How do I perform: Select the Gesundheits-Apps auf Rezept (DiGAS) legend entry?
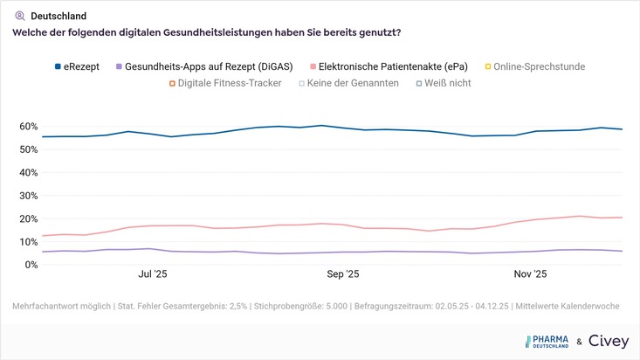[214, 66]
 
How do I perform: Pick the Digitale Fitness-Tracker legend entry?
[230, 83]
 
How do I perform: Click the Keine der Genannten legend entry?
[348, 83]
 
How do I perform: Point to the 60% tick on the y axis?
[28, 127]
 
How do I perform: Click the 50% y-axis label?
[28, 149]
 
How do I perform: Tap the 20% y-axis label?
[28, 218]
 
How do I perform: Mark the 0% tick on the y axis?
[31, 265]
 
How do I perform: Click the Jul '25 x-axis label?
[153, 274]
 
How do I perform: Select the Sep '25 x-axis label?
[342, 274]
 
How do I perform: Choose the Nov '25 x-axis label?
[530, 274]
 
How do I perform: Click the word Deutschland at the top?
[58, 16]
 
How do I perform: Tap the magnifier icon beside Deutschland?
[20, 16]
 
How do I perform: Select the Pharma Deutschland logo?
[547, 342]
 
